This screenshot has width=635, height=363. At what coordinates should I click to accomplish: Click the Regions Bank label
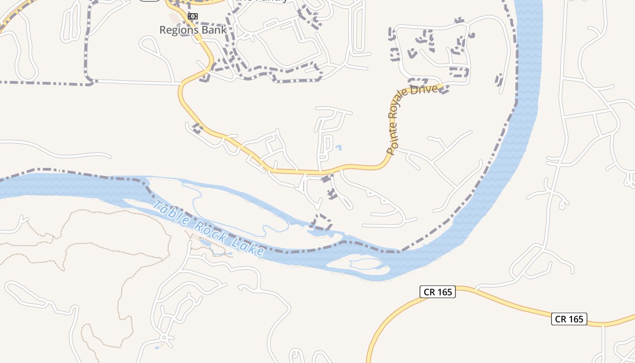point(193,30)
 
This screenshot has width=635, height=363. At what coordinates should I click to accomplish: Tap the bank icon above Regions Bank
point(193,16)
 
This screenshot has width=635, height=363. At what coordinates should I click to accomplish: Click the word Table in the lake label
point(170,212)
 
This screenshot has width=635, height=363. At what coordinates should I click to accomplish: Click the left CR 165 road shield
point(437,292)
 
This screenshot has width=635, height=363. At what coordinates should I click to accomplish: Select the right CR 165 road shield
point(569,319)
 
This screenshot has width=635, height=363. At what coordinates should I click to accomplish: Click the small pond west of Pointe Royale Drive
point(338,147)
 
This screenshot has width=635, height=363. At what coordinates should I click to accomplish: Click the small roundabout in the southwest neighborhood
point(164,338)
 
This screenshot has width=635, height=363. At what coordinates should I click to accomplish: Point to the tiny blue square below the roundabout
point(157,348)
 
